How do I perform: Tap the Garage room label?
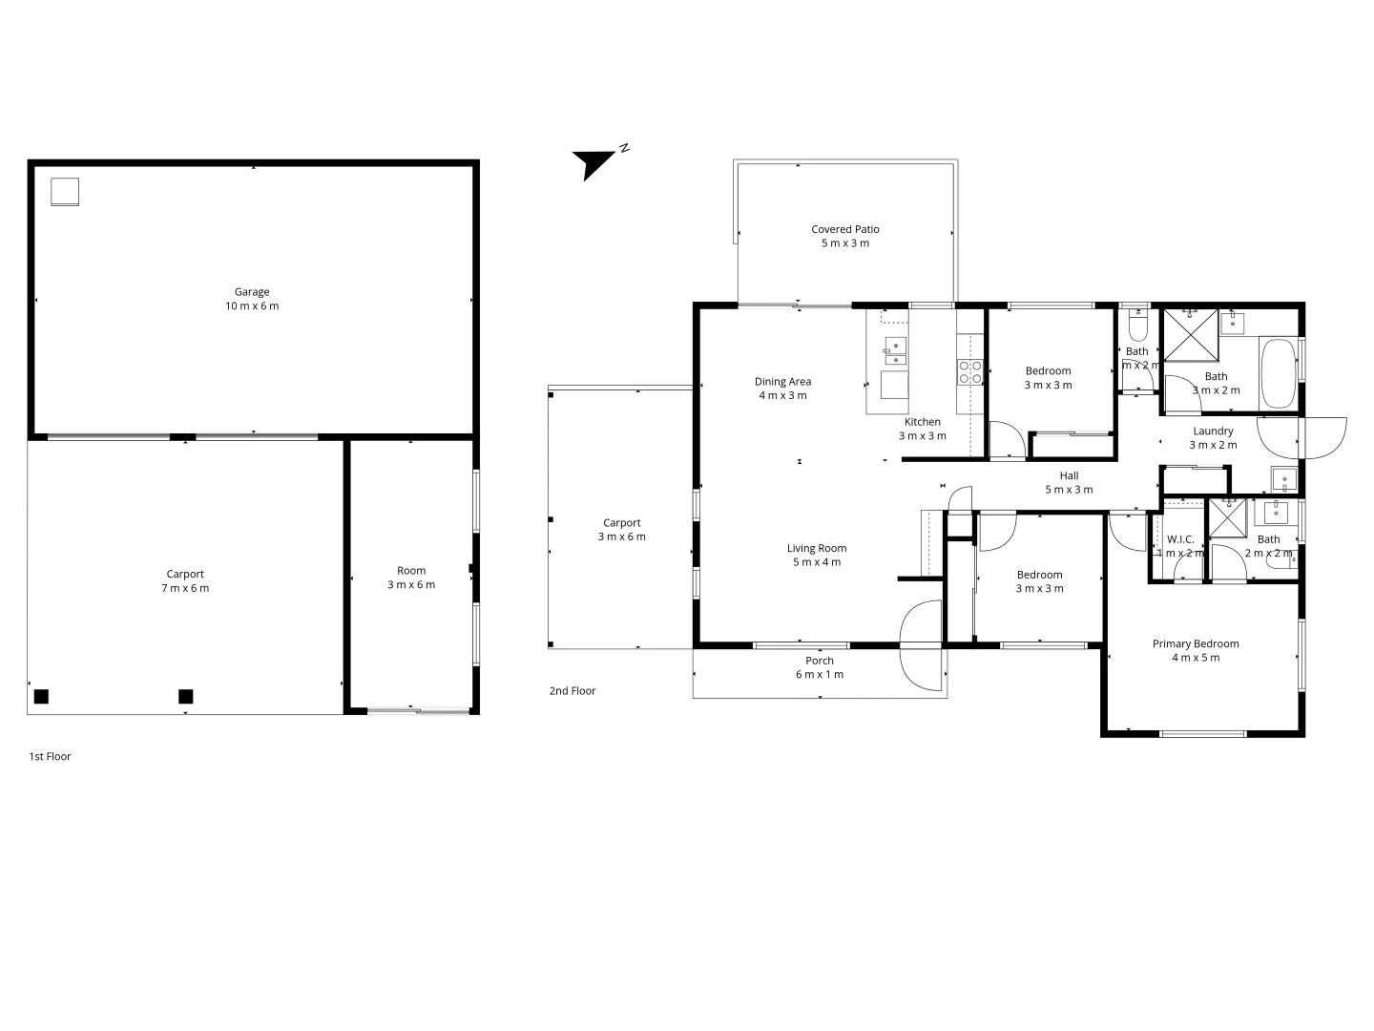[252, 292]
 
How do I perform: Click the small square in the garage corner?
[65, 192]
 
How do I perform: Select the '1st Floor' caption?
[51, 756]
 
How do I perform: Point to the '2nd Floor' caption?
[572, 690]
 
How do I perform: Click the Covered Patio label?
[845, 229]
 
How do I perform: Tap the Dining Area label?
[782, 382]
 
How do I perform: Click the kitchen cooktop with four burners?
[970, 371]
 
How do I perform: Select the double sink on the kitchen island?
[894, 351]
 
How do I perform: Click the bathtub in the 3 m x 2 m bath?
[1278, 373]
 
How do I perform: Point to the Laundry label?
[1213, 431]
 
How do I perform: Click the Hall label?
[1069, 475]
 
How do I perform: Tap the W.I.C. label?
[1180, 539]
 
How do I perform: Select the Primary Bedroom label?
[1196, 643]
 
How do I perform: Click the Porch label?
[820, 661]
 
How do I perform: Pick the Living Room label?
[817, 548]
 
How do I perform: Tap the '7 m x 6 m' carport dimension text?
[185, 588]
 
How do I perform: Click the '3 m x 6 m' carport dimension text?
[622, 537]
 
